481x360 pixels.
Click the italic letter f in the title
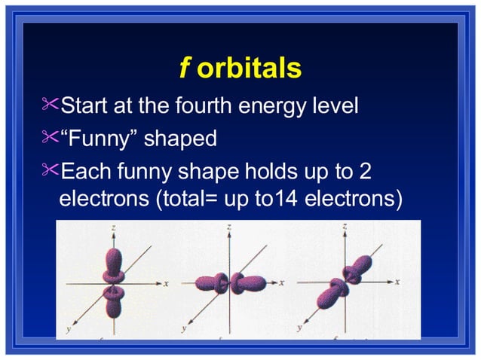(183, 69)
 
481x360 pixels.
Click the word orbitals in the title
(250, 69)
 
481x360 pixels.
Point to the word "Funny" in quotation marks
(98, 139)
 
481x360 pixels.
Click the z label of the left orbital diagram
(112, 227)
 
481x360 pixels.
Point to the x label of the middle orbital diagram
(282, 283)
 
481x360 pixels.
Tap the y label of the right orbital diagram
(300, 328)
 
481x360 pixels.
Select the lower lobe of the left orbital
(113, 304)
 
